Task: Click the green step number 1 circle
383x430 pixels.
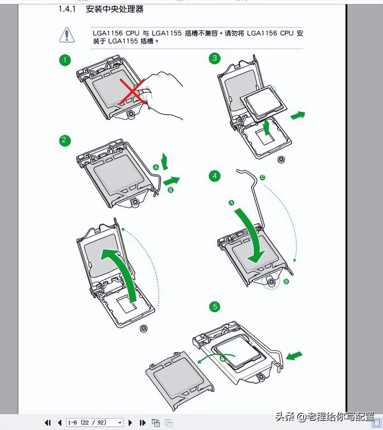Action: pos(65,60)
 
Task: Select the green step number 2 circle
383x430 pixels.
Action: pos(64,140)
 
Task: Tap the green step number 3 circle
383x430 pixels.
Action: pos(214,58)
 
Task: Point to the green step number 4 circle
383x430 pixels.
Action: pos(214,176)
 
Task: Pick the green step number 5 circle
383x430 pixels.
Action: pos(215,307)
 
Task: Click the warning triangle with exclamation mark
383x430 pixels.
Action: pos(67,35)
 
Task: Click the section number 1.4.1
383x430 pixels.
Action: pos(67,9)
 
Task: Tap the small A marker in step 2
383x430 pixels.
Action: pos(156,167)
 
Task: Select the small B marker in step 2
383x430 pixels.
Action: pos(171,190)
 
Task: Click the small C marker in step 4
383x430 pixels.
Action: pos(262,178)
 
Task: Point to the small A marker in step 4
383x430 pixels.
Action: pos(231,203)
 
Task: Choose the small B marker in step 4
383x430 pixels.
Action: pos(286,281)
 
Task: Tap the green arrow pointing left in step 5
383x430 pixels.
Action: pos(294,355)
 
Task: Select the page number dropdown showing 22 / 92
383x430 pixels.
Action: pos(95,423)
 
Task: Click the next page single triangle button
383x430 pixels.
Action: pos(130,423)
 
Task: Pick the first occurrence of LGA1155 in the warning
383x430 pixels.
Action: pos(167,33)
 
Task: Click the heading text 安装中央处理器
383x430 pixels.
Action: pos(115,9)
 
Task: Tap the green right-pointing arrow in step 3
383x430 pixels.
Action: pos(298,115)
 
